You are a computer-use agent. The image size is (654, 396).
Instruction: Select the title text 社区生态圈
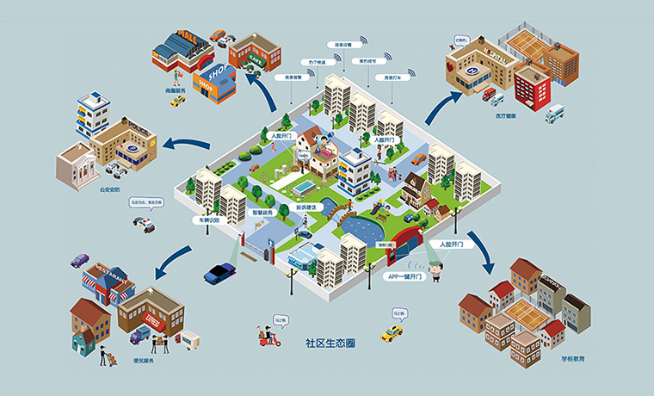pos(330,342)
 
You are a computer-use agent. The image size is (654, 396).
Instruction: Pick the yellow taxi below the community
pos(392,332)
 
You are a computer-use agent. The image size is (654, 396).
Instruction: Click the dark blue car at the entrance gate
pos(219,273)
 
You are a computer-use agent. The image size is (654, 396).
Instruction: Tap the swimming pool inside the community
pos(303,186)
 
